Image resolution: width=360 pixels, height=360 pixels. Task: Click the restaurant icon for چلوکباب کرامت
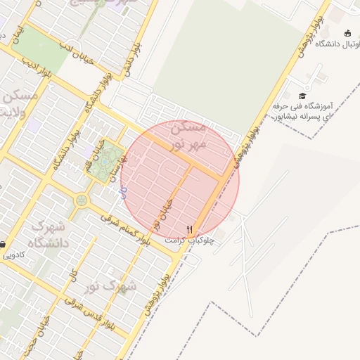188,230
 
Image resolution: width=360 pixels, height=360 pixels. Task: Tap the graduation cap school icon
302,96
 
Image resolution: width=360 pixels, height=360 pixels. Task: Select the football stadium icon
347,33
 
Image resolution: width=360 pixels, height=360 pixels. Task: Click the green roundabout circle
82,201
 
